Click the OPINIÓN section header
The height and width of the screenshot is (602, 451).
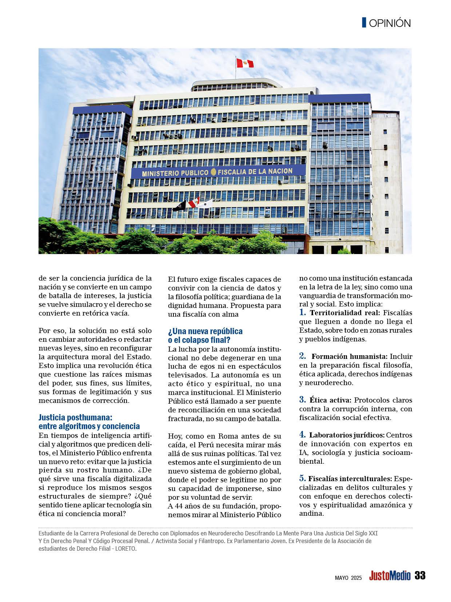[390, 23]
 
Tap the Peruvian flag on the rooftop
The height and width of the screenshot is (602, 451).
[244, 63]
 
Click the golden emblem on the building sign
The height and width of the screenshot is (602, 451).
[213, 172]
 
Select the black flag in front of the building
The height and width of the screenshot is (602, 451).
[179, 206]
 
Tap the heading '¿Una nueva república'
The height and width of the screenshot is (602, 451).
[205, 332]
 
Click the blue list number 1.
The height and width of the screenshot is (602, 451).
[303, 312]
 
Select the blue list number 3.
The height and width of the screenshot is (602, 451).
[303, 399]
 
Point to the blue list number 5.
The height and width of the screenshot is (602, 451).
[303, 478]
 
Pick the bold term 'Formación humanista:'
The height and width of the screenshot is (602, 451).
[350, 356]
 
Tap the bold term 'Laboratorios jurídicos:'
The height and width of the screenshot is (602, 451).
[347, 435]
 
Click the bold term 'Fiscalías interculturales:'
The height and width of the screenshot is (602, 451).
[350, 479]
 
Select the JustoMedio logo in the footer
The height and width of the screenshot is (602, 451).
[390, 576]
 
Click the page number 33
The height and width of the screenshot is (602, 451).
[420, 575]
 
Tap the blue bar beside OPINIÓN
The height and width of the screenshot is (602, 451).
[364, 23]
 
